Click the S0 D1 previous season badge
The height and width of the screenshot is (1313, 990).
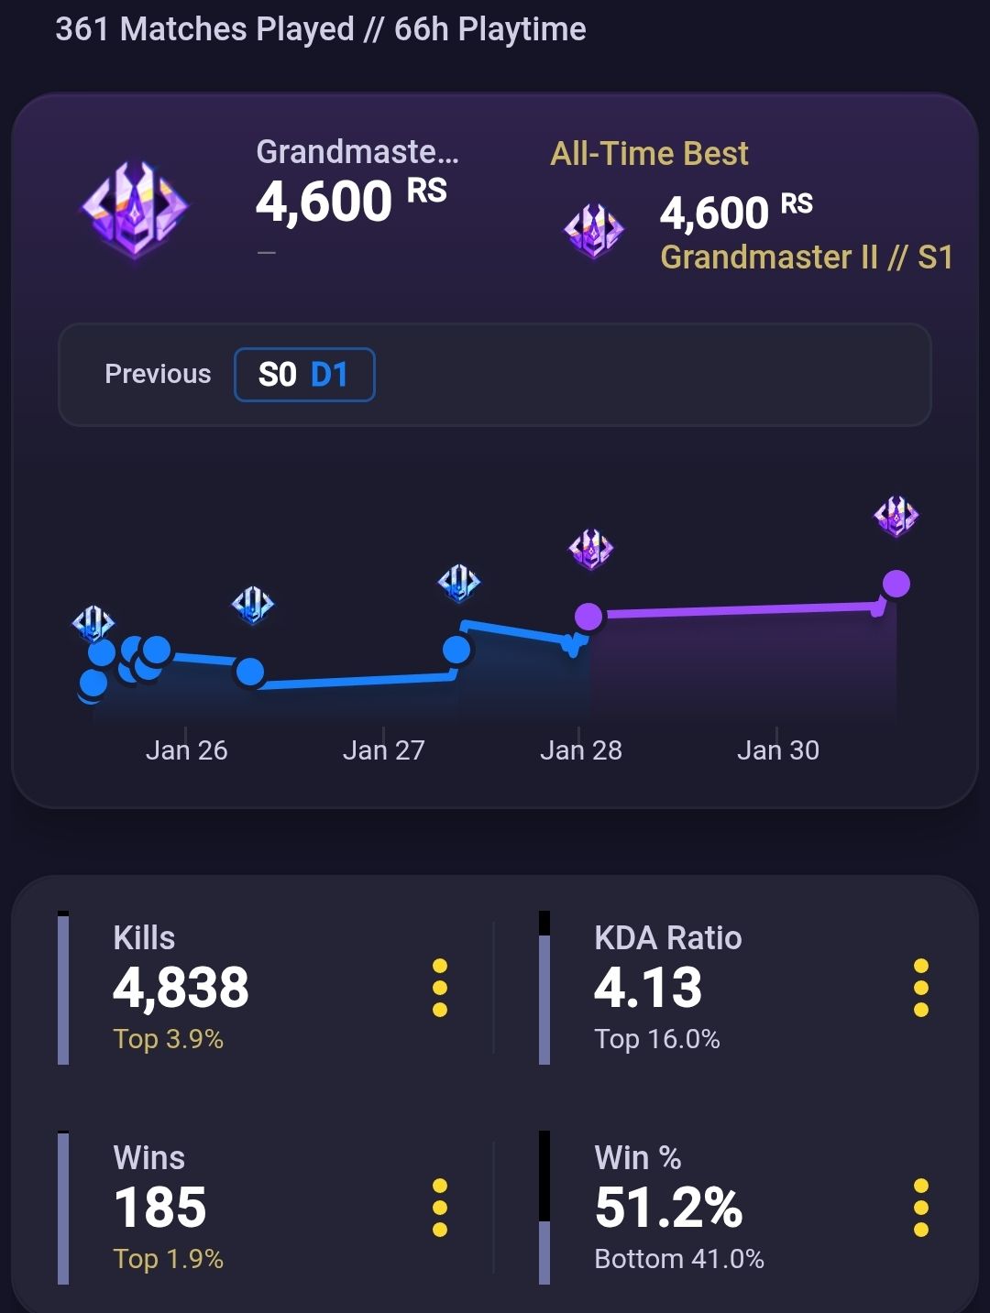pyautogui.click(x=304, y=375)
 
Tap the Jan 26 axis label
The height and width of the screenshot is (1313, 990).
pyautogui.click(x=187, y=750)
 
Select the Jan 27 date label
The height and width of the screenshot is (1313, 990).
pyautogui.click(x=383, y=750)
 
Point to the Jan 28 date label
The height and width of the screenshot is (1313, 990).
pyautogui.click(x=581, y=750)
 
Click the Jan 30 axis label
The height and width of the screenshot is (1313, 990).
pyautogui.click(x=778, y=750)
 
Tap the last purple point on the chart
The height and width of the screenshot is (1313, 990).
pyautogui.click(x=896, y=584)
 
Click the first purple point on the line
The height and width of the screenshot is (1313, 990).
pyautogui.click(x=588, y=616)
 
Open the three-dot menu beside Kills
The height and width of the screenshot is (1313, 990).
pyautogui.click(x=440, y=988)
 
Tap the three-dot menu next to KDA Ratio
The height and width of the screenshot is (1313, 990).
pyautogui.click(x=921, y=988)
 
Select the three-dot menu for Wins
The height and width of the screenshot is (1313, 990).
pyautogui.click(x=440, y=1207)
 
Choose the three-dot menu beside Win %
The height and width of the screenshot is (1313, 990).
pyautogui.click(x=921, y=1207)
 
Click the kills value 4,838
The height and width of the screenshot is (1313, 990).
pyautogui.click(x=181, y=988)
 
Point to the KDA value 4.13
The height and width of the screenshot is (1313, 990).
pyautogui.click(x=648, y=987)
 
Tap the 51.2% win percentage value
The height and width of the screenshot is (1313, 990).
pyautogui.click(x=669, y=1207)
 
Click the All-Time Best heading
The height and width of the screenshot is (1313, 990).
pyautogui.click(x=649, y=154)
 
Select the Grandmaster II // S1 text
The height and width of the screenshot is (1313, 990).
pyautogui.click(x=807, y=257)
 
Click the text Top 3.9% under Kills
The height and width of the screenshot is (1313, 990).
pyautogui.click(x=168, y=1039)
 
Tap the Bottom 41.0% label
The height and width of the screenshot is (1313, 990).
pyautogui.click(x=679, y=1259)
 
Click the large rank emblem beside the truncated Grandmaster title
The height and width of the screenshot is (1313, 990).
pyautogui.click(x=135, y=209)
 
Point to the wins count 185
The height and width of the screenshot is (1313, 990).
pyautogui.click(x=159, y=1207)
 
